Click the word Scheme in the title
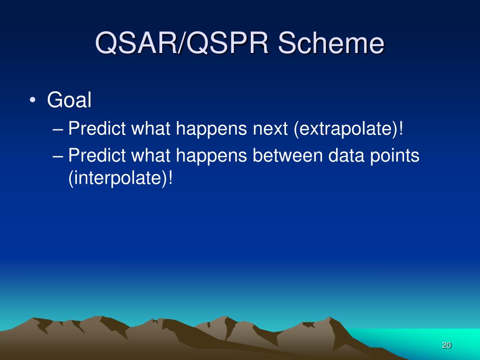point(331,43)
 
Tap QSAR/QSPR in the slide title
point(182,43)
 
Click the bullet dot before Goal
point(32,100)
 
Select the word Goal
point(69,100)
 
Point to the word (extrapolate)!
point(348,128)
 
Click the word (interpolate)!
point(120,178)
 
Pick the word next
point(270,128)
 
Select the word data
point(346,155)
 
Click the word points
point(395,156)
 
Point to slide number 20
point(447,345)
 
